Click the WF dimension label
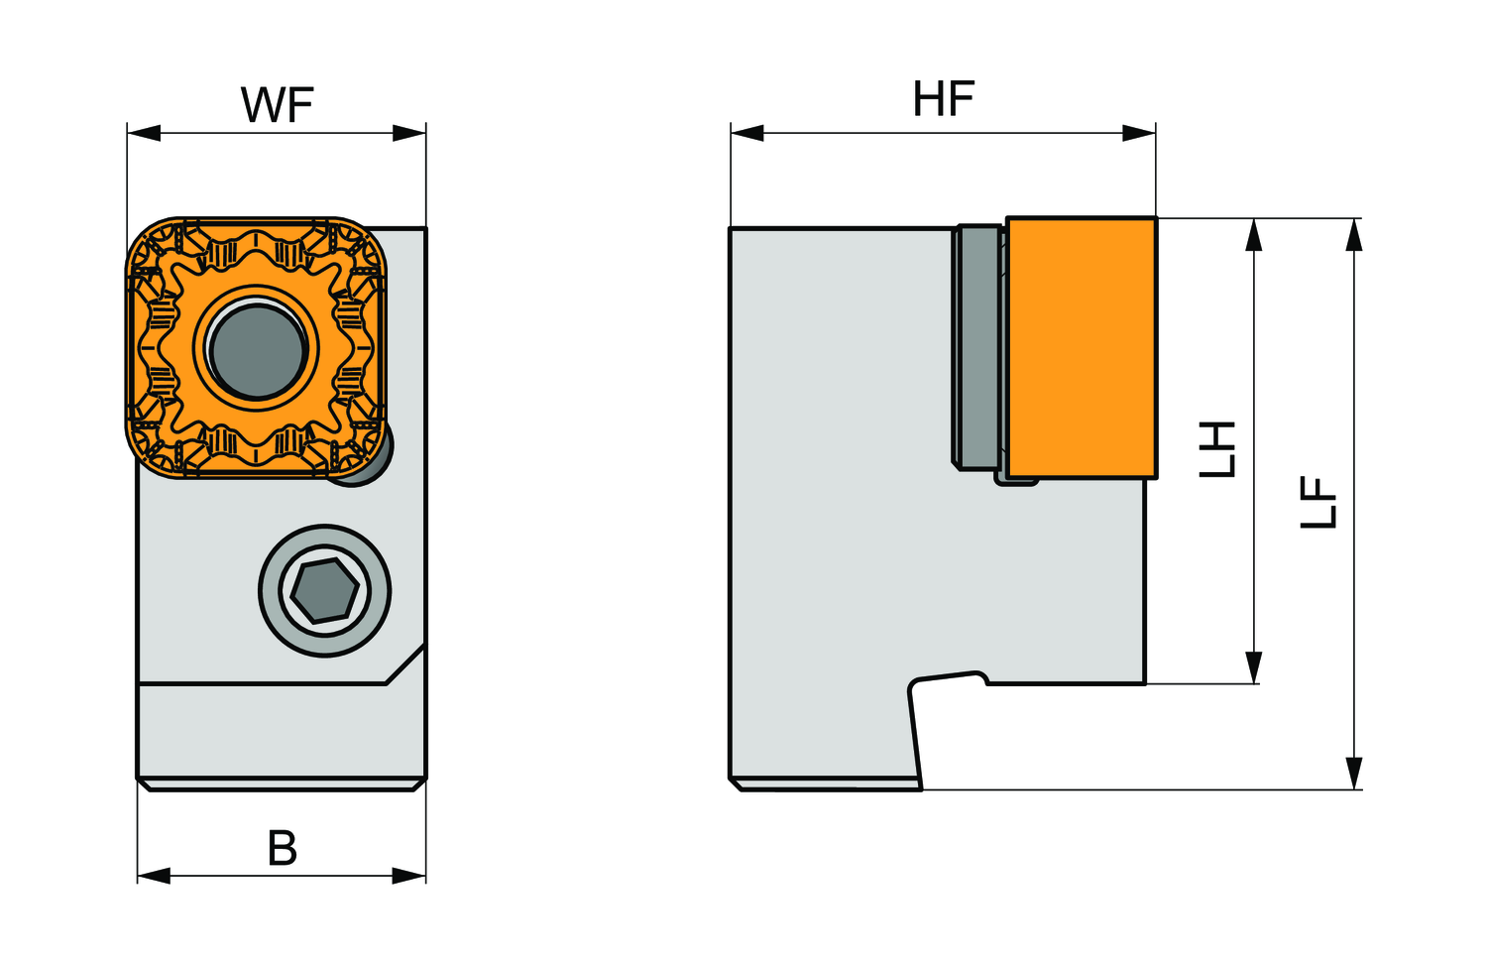pos(277,105)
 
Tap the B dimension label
pos(283,849)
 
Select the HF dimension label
pos(943,99)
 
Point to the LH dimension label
pos(1218,448)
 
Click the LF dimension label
pos(1319,503)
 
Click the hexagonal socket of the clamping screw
pos(324,591)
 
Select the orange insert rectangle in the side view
pos(1081,347)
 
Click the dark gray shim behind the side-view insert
pos(977,347)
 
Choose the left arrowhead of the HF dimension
pos(746,133)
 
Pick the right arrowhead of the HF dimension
pos(1140,133)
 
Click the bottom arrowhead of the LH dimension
pos(1254,667)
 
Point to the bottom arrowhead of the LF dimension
pos(1354,774)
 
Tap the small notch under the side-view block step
pos(950,680)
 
